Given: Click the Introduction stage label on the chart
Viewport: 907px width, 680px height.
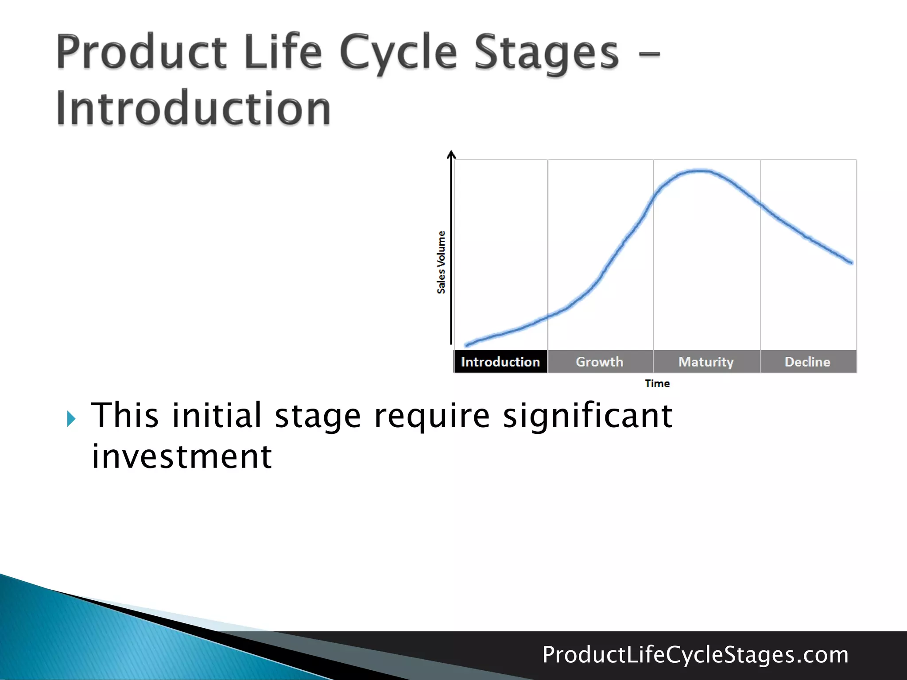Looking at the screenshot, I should coord(500,362).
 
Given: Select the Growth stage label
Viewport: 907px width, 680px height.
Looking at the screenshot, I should coord(600,362).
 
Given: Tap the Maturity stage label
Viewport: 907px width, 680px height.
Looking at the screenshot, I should coord(706,362).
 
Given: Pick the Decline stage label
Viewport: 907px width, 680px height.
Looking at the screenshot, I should coord(807,362).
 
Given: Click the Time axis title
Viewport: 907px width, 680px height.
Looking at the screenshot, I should coord(657,383).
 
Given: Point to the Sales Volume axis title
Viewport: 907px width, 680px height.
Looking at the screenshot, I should coord(441,262).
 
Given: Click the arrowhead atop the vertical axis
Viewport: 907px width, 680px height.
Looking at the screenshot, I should coord(451,154).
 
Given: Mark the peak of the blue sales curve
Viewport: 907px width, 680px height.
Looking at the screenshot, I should coord(699,171).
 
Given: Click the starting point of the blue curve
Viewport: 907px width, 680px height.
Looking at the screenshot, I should coord(466,345).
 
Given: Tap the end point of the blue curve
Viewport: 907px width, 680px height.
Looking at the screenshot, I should coord(851,263).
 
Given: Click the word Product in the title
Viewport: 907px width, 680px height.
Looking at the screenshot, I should coord(142,53).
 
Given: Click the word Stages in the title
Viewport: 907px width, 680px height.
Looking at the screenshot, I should coord(547,54).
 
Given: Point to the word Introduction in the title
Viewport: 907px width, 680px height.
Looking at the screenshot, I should coord(194,108).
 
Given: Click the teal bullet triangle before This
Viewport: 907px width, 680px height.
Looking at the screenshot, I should coord(71,418).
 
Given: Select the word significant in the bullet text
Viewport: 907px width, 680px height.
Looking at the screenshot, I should coord(587,416).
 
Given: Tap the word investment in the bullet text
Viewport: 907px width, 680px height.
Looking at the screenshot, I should coord(182,457).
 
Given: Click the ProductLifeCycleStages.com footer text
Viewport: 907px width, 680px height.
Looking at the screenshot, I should coord(695,655).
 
